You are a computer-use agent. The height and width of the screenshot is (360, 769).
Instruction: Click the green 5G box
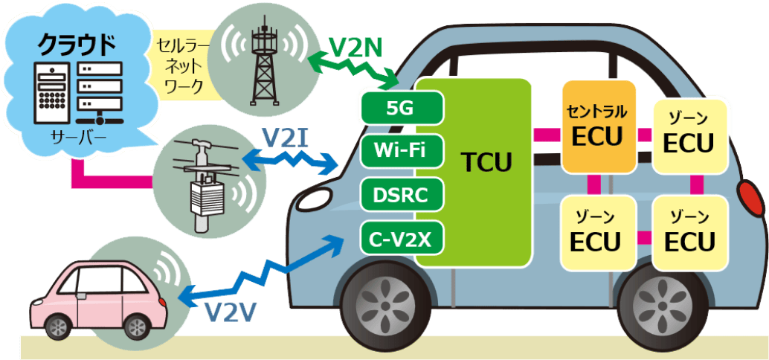pos(402,109)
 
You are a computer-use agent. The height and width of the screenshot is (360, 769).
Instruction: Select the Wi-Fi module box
pos(402,152)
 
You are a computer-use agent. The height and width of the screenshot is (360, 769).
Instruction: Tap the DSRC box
pos(402,196)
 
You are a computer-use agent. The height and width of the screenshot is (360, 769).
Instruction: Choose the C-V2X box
pos(402,240)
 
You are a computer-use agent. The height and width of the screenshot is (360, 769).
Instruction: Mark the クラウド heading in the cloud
pos(77,43)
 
